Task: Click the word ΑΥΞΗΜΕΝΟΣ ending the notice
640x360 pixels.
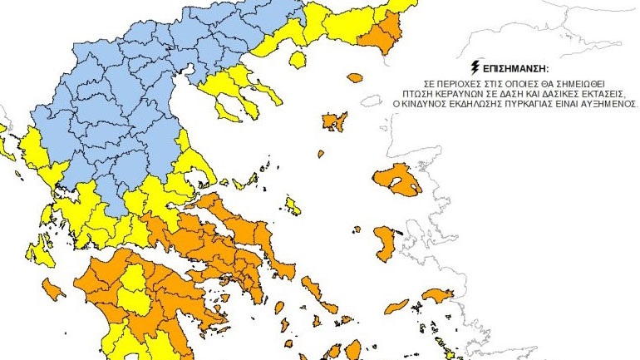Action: pos(608,106)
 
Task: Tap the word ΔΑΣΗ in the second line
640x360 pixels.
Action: pos(516,93)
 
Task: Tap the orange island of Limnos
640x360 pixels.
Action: pos(334,122)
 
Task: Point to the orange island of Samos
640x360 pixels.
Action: pos(436,295)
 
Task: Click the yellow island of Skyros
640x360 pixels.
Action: pos(293,205)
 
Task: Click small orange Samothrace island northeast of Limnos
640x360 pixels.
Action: pos(356,78)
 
